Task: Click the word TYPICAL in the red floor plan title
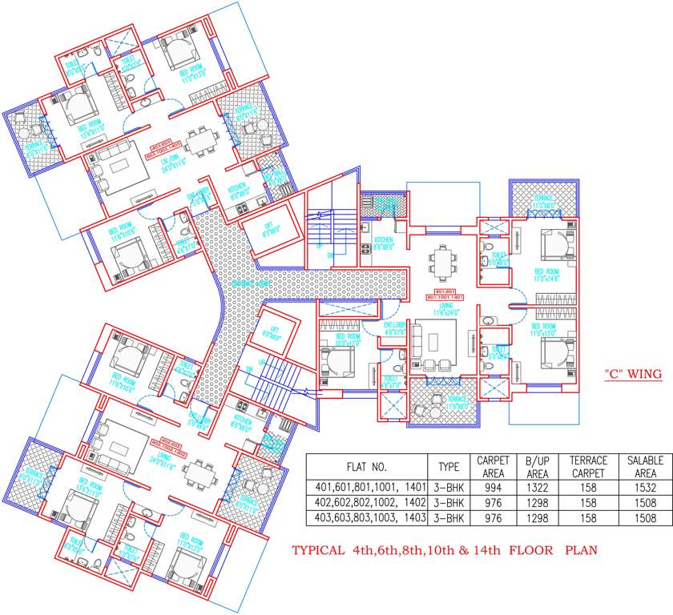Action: click(321, 551)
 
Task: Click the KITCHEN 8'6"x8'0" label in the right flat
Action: click(384, 243)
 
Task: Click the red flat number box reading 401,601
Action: click(444, 289)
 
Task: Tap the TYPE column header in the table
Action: click(449, 467)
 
